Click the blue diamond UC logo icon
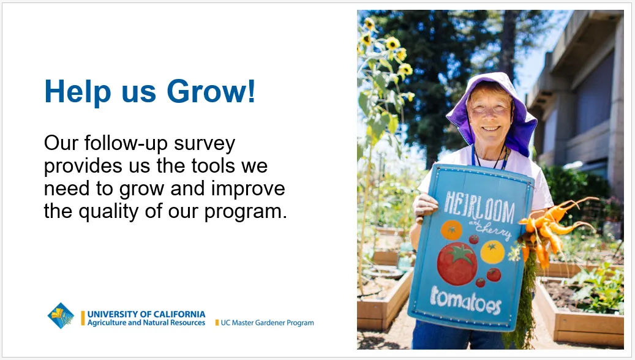click(61, 316)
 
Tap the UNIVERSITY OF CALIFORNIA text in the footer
click(146, 314)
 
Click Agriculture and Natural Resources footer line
click(146, 323)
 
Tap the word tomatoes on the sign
click(465, 298)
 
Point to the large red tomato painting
click(457, 263)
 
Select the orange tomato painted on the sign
click(451, 230)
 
